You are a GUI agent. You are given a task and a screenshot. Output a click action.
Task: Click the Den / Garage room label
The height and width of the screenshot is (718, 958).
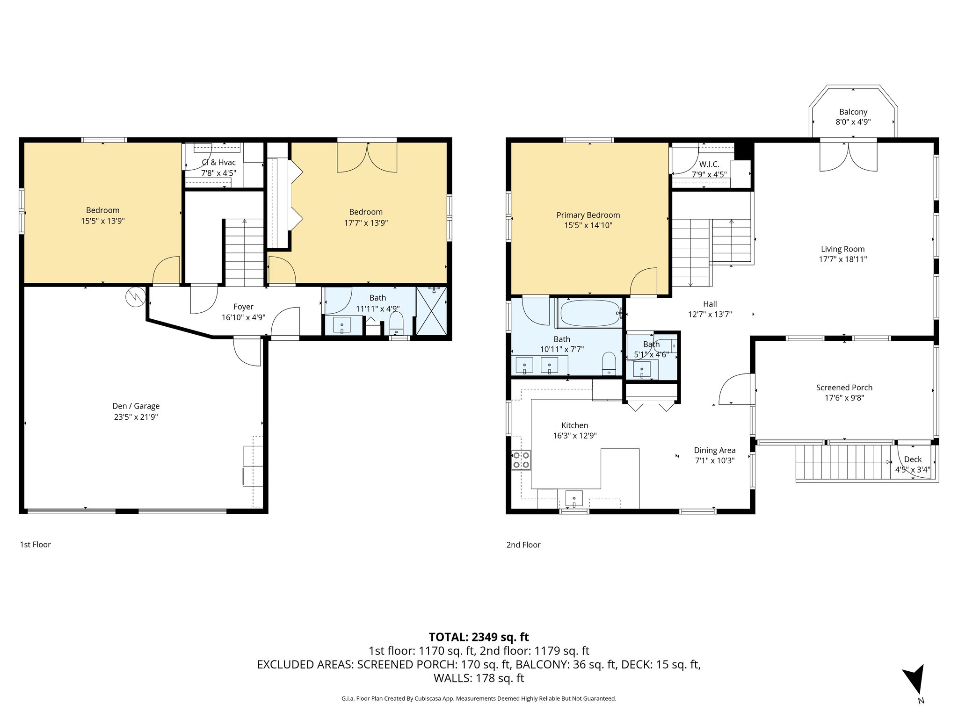pos(136,406)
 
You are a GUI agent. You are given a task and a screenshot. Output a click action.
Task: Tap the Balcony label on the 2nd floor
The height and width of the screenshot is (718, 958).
pos(853,112)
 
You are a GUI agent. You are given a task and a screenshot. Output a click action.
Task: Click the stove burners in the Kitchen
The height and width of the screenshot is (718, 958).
pos(521,460)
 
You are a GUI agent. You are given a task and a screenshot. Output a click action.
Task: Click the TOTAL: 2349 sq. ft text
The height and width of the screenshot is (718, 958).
pos(479,637)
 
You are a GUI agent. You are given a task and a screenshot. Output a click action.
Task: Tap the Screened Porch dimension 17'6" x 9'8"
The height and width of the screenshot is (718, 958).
pos(844,398)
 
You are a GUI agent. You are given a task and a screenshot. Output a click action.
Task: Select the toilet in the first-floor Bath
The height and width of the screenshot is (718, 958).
pos(396,323)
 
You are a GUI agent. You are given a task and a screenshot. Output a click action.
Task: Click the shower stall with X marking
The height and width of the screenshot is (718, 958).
pos(431,311)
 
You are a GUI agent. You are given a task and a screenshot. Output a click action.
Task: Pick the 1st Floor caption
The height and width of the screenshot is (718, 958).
pos(35,544)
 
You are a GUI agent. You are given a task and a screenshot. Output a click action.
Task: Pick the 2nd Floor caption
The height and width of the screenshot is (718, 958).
pos(523,545)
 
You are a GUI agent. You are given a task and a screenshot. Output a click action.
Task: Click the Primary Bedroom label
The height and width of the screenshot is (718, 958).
pos(588,215)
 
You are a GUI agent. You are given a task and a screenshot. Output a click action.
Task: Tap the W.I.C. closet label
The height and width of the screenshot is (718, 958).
pos(709,165)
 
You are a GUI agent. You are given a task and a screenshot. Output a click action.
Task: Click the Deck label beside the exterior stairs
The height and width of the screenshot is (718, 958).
pos(912,460)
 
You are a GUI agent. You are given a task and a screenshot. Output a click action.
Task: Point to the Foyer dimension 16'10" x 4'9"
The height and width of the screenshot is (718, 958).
pos(243,317)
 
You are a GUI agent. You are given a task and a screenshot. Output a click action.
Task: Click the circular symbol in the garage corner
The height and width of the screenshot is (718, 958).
pos(135,296)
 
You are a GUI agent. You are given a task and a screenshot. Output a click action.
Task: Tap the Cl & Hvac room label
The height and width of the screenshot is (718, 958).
pos(218,162)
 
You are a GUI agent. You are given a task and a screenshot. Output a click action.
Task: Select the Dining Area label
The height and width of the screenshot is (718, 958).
pos(714,450)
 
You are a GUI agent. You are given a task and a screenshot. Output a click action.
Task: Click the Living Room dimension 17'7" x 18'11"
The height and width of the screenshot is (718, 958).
pos(842,259)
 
